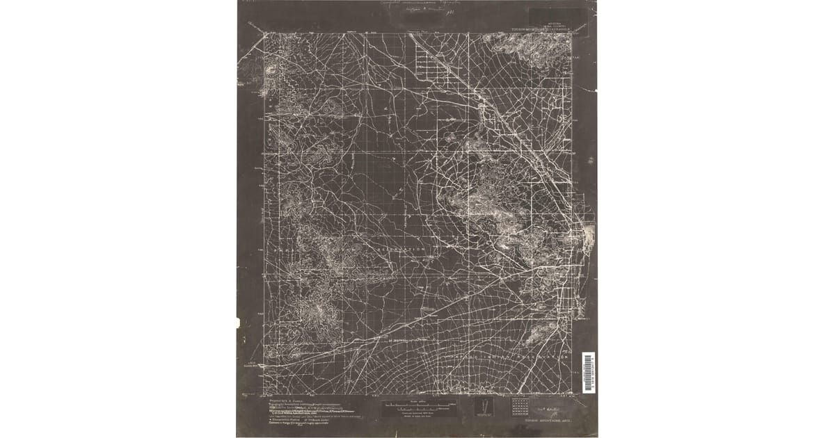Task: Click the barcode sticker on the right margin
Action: (588, 371)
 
